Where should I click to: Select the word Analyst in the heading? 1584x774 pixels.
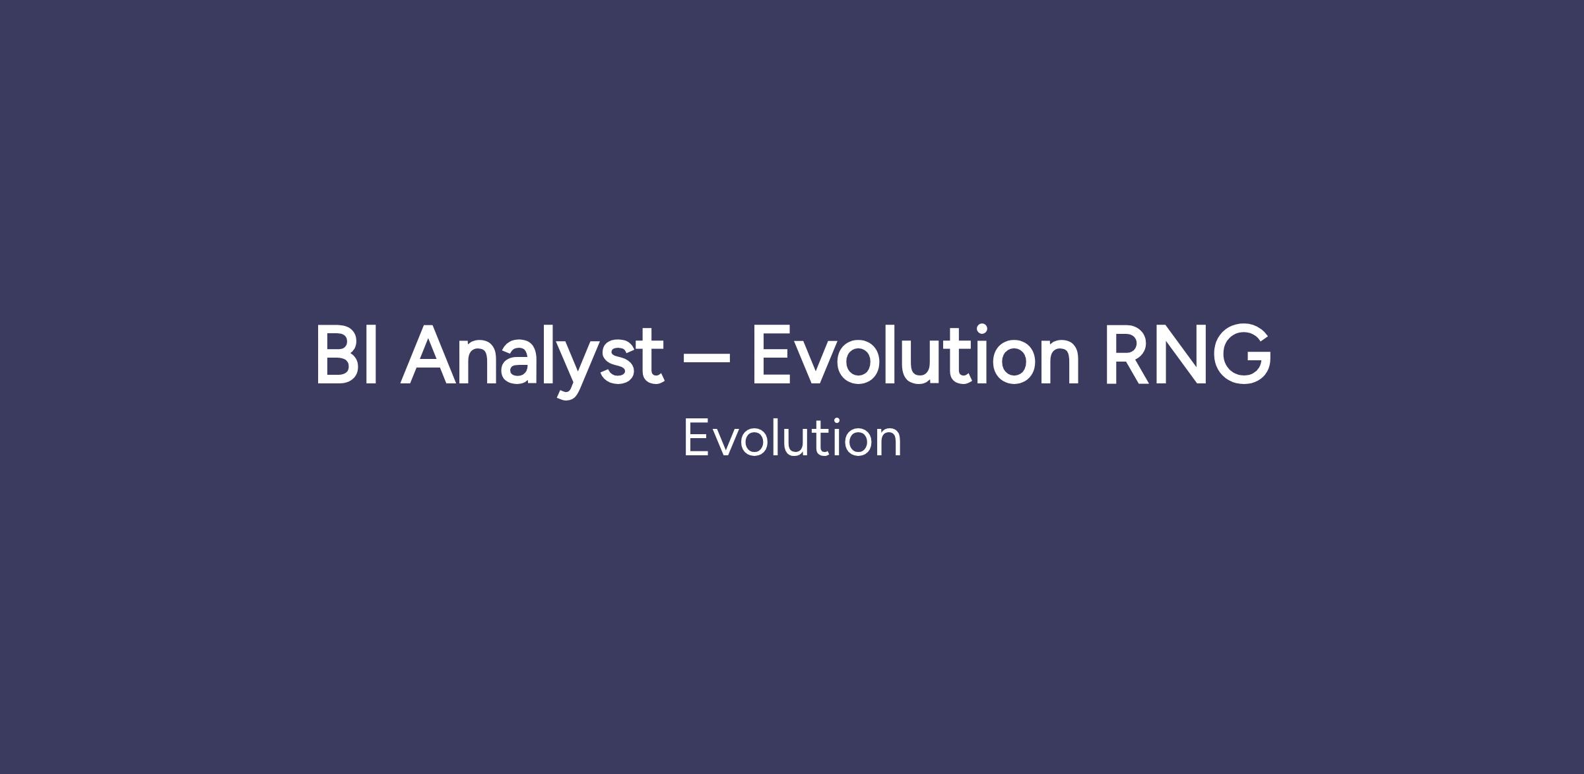tap(532, 360)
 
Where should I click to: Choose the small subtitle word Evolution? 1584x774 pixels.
tap(792, 437)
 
